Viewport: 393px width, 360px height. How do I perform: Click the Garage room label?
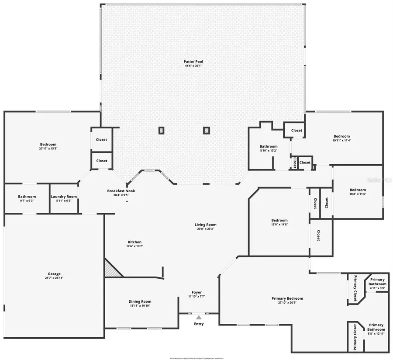pyautogui.click(x=54, y=273)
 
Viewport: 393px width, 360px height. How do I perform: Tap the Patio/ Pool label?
pyautogui.click(x=193, y=62)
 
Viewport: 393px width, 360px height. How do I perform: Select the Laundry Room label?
pyautogui.click(x=64, y=197)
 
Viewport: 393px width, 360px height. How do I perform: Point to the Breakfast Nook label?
pyautogui.click(x=121, y=191)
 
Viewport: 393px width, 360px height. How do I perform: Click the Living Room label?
pyautogui.click(x=205, y=225)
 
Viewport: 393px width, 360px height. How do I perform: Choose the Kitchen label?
pyautogui.click(x=134, y=242)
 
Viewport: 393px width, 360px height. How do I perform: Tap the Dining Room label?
pyautogui.click(x=140, y=301)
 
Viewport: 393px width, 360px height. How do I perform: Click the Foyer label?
pyautogui.click(x=196, y=292)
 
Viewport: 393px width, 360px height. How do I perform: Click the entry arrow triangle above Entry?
pyautogui.click(x=199, y=317)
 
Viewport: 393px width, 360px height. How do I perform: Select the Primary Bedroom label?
pyautogui.click(x=287, y=298)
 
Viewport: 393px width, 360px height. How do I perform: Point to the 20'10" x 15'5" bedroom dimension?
pyautogui.click(x=48, y=149)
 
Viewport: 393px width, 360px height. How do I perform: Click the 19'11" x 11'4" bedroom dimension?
pyautogui.click(x=341, y=141)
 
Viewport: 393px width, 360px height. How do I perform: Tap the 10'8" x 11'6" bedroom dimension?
pyautogui.click(x=357, y=194)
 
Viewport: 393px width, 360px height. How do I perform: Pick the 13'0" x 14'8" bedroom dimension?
pyautogui.click(x=279, y=225)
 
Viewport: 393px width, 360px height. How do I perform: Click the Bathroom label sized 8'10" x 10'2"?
pyautogui.click(x=268, y=147)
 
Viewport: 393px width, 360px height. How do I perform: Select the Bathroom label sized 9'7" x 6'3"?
pyautogui.click(x=27, y=197)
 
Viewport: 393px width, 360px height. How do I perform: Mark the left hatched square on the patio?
pyautogui.click(x=161, y=130)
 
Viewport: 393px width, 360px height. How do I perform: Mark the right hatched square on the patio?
pyautogui.click(x=206, y=130)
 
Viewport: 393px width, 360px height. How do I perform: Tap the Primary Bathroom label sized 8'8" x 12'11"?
pyautogui.click(x=376, y=325)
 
